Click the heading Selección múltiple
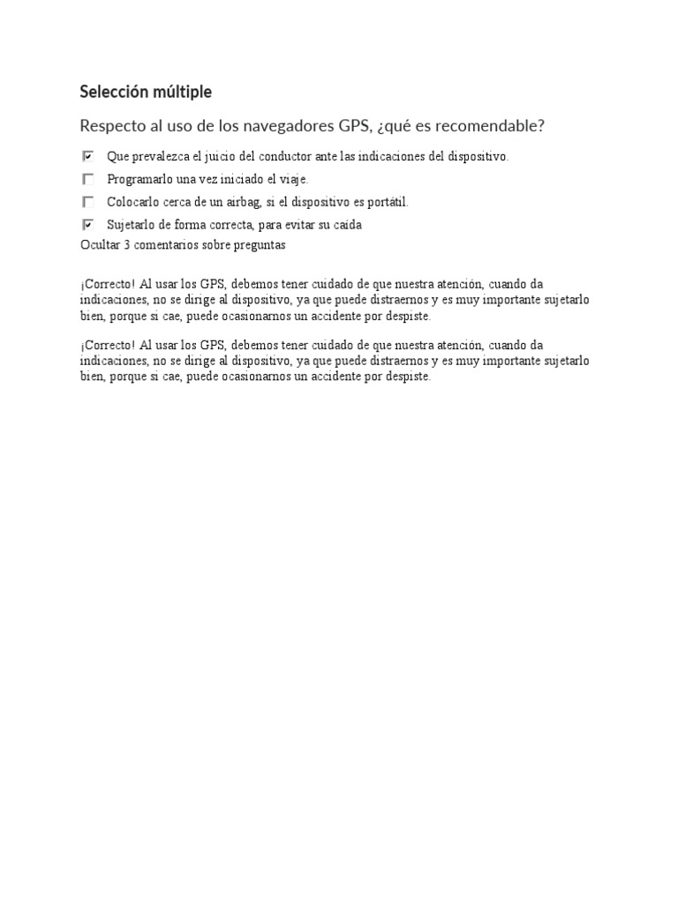click(146, 92)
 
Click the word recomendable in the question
click(489, 126)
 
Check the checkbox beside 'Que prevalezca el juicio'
click(88, 156)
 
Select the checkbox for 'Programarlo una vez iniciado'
click(88, 179)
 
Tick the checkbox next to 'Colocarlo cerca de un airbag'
click(88, 202)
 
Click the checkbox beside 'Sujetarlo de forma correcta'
click(88, 225)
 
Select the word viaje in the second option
click(293, 179)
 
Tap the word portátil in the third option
click(388, 202)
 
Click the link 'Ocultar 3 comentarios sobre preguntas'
click(183, 245)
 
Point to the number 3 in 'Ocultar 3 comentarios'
click(127, 245)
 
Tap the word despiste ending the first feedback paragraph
click(408, 316)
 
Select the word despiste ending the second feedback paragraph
click(408, 377)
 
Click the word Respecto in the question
click(109, 126)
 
